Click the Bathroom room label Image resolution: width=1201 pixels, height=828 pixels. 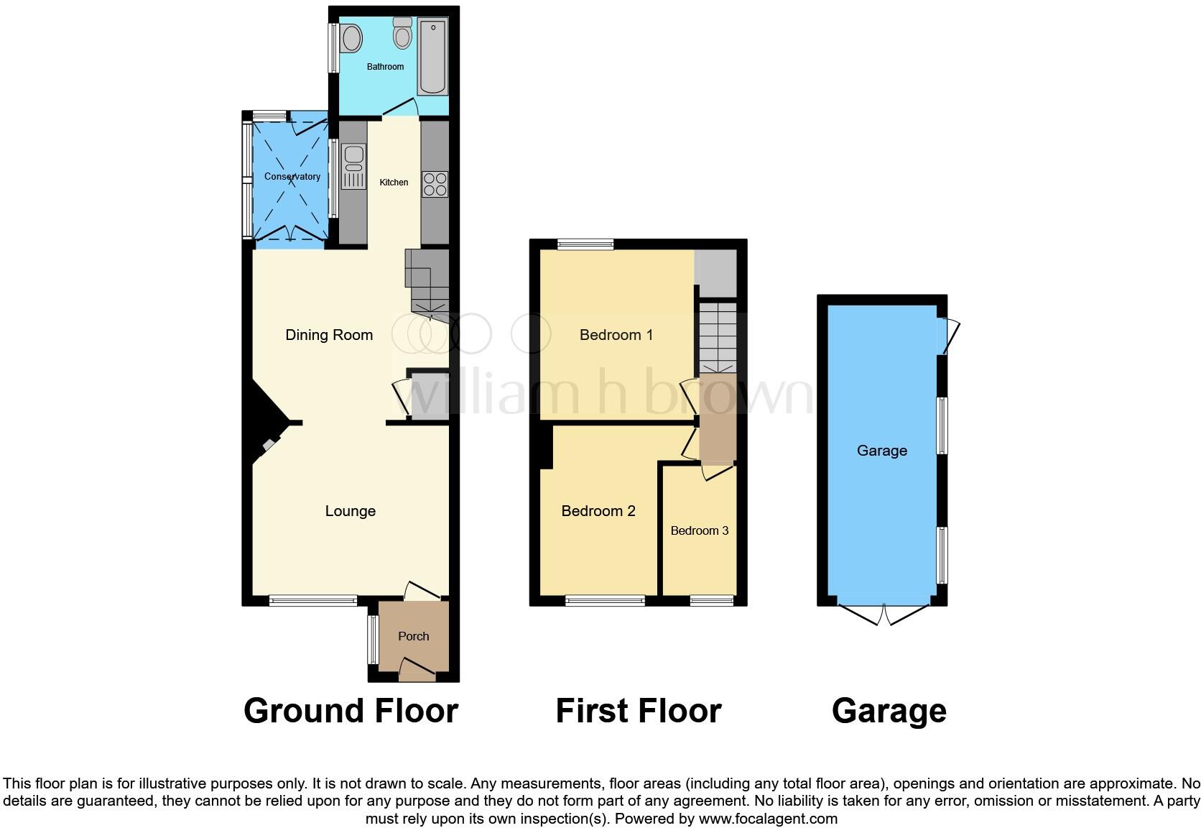385,67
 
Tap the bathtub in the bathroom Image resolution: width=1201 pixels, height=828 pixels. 432,58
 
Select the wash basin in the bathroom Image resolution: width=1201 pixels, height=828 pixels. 351,38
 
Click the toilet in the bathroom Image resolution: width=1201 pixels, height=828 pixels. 402,32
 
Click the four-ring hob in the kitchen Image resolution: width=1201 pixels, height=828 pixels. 435,184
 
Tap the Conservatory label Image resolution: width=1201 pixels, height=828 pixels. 292,177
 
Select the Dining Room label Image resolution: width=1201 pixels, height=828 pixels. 329,335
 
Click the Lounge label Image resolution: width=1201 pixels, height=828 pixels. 351,511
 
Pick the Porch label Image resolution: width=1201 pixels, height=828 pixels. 414,636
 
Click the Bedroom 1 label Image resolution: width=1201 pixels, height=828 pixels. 616,335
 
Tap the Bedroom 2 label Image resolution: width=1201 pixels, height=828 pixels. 598,511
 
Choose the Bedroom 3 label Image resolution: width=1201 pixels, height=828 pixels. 700,530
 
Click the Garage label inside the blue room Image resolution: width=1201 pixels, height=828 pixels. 882,451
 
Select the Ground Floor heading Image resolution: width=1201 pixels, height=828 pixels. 351,711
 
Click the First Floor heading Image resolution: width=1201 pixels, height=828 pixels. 639,711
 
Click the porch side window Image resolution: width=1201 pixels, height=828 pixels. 373,640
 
